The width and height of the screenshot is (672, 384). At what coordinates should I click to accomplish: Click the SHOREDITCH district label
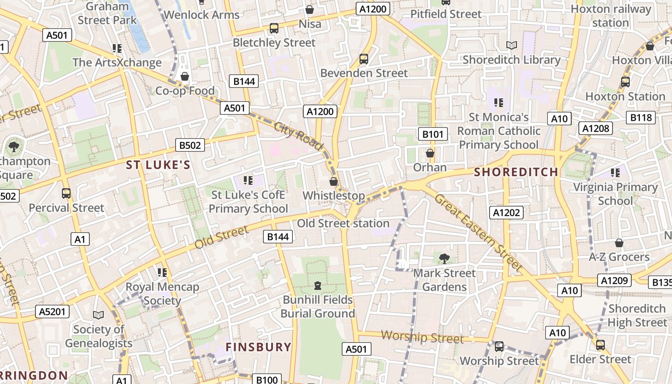click(x=516, y=172)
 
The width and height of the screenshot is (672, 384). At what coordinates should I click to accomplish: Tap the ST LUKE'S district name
click(x=158, y=165)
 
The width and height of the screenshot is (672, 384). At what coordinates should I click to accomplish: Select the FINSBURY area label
click(x=259, y=347)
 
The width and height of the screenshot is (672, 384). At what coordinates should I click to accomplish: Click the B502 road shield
click(x=191, y=145)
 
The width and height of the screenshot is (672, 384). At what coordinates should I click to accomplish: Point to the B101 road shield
click(x=433, y=134)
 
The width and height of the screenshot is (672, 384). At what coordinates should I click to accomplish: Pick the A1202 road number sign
click(x=507, y=212)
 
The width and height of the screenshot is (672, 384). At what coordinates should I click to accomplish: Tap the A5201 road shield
click(x=53, y=312)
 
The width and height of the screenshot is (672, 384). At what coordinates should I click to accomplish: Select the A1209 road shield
click(x=615, y=280)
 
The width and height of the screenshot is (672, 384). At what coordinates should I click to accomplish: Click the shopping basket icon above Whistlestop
click(x=334, y=181)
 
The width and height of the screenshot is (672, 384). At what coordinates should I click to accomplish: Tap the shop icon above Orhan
click(x=430, y=153)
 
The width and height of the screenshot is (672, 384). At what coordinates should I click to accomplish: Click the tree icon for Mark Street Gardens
click(x=444, y=259)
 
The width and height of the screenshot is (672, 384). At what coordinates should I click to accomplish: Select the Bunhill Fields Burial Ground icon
click(x=317, y=286)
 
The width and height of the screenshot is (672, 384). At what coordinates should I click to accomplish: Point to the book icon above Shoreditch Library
click(x=512, y=45)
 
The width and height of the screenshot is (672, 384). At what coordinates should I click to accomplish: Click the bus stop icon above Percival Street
click(x=66, y=193)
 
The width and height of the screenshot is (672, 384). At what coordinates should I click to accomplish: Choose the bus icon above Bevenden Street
click(x=364, y=59)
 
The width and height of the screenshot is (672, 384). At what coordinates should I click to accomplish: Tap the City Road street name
click(x=299, y=136)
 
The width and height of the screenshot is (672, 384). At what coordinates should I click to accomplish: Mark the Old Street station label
click(x=343, y=223)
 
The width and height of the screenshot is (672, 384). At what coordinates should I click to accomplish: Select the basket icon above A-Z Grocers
click(x=619, y=243)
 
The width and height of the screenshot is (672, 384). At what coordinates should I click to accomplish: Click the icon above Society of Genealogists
click(x=98, y=315)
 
